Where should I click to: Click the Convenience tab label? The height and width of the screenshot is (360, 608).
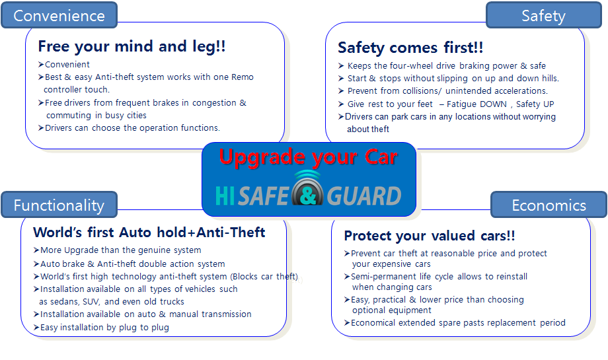(59, 16)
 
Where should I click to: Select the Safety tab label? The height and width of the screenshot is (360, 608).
(543, 16)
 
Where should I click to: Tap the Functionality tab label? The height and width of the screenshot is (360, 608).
(59, 205)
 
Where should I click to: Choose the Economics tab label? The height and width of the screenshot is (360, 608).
(549, 205)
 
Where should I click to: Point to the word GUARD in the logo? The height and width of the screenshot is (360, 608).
(363, 196)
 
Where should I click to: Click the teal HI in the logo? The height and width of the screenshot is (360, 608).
(225, 196)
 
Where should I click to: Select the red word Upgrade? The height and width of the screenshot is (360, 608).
(262, 158)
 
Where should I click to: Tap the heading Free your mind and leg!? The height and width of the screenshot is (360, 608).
(132, 46)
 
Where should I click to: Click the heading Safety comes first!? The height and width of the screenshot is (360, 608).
(410, 48)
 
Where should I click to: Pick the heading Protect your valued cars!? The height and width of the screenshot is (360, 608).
(430, 236)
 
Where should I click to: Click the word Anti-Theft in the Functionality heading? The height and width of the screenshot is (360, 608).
(231, 232)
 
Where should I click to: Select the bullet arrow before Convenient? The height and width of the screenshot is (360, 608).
(41, 64)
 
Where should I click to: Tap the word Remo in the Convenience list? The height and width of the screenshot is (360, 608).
(243, 77)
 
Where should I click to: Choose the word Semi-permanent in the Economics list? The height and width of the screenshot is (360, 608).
(378, 277)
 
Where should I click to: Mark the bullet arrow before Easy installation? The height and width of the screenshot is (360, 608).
(36, 327)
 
